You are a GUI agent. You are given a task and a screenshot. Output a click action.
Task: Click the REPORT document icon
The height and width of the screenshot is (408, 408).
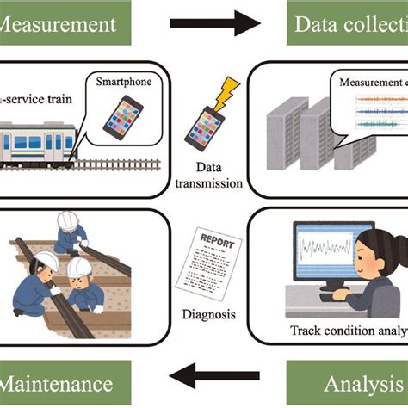point(206,257)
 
